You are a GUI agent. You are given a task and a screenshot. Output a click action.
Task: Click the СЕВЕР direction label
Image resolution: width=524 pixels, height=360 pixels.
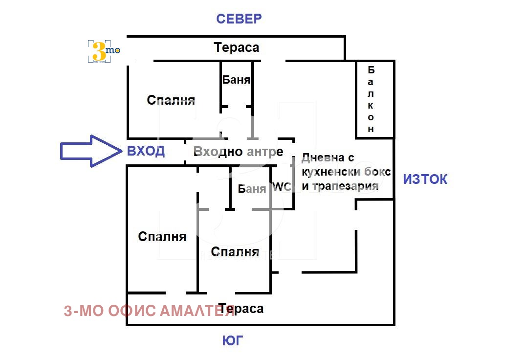[x=239, y=19]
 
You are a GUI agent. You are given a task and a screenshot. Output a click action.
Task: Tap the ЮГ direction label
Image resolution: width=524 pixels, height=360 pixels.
[x=233, y=340]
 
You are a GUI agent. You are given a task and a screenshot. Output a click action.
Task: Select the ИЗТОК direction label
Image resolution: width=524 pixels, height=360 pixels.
[x=425, y=180]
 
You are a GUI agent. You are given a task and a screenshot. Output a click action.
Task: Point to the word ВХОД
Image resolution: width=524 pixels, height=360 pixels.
[x=146, y=151]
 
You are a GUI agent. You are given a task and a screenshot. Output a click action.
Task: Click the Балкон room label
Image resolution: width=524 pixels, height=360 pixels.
[x=371, y=99]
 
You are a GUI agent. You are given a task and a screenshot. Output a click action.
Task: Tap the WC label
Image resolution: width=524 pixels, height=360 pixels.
[x=282, y=187]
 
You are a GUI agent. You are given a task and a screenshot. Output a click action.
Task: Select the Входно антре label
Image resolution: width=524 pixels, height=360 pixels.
[x=238, y=152]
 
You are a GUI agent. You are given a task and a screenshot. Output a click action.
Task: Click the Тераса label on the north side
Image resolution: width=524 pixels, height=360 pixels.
[x=236, y=48]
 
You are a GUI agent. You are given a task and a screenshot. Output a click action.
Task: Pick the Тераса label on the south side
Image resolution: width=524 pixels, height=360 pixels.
[x=241, y=309]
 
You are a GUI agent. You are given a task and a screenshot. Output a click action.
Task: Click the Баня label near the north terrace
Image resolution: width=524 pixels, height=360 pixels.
[x=236, y=80]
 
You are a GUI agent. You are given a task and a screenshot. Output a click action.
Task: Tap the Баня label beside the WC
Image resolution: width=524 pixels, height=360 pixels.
[x=252, y=189]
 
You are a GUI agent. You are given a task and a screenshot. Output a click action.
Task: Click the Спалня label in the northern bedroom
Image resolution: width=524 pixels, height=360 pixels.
[x=171, y=100]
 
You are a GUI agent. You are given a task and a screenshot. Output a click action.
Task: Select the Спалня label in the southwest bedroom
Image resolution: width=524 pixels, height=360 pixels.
[x=162, y=237]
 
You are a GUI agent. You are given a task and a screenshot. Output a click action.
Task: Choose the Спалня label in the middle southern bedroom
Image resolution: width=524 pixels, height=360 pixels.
[x=235, y=252]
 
